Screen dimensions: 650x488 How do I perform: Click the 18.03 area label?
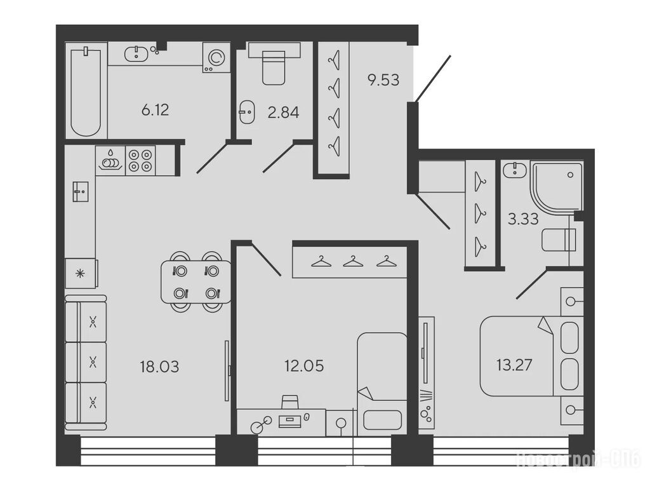[x=159, y=367]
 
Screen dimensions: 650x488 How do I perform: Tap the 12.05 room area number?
[x=304, y=366]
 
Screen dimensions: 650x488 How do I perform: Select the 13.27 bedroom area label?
[x=514, y=365]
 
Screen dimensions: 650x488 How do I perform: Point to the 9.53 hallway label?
[x=383, y=79]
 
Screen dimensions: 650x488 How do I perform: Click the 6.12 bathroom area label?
[x=155, y=111]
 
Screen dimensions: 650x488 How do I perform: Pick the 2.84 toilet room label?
[x=284, y=112]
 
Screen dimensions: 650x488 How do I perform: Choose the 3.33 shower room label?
[x=523, y=219]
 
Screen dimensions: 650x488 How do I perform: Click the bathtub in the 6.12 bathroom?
[x=86, y=91]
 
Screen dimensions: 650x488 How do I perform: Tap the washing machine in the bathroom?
[x=216, y=57]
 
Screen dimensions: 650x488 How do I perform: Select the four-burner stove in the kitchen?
[x=140, y=161]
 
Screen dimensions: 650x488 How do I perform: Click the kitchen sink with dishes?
[x=110, y=161]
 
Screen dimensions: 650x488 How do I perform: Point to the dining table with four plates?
[x=197, y=281]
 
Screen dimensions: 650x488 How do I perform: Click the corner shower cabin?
[x=556, y=188]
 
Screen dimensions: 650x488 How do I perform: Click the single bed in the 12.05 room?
[x=382, y=384]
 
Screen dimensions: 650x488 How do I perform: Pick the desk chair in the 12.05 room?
[x=289, y=402]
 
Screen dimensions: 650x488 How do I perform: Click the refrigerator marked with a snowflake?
[x=81, y=273]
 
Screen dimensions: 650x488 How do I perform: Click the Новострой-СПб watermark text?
[x=578, y=460]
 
